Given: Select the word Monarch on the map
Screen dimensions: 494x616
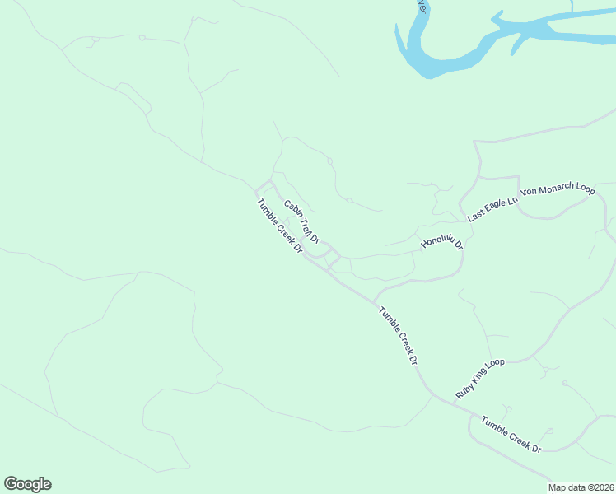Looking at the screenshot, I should click(x=558, y=189).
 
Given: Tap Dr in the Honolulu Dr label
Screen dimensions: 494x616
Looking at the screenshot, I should click(x=459, y=245).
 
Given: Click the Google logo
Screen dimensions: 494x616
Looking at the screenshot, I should click(x=28, y=484).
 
